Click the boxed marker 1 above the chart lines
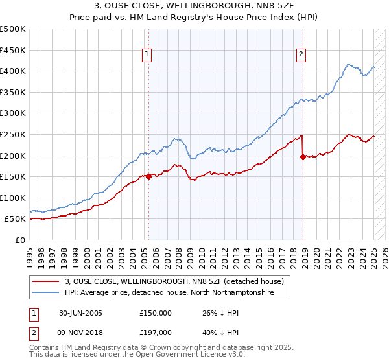[x=148, y=55]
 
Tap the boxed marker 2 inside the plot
[x=302, y=55]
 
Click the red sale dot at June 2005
[x=149, y=176]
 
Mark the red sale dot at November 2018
[x=303, y=156]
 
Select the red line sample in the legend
[x=45, y=282]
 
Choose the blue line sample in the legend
[x=45, y=293]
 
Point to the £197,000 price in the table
[x=156, y=333]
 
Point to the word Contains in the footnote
[x=46, y=349]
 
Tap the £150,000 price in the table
[x=156, y=313]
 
